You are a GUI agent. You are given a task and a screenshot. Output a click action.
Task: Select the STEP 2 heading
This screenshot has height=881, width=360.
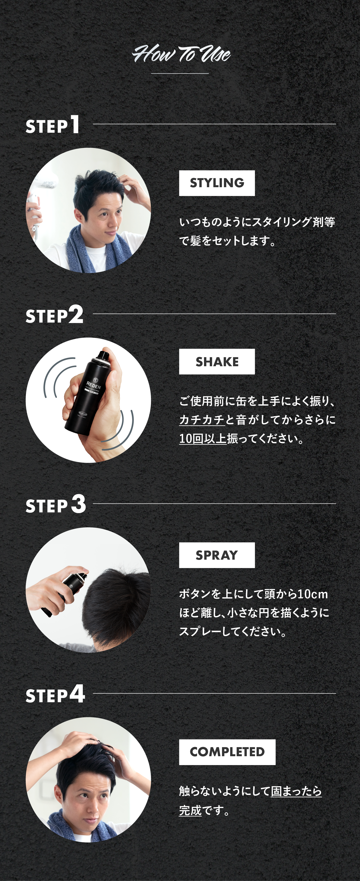click(x=54, y=315)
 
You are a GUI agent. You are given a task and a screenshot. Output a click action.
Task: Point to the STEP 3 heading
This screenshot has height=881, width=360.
click(x=56, y=505)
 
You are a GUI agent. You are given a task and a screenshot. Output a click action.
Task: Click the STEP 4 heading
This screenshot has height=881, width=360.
click(x=55, y=695)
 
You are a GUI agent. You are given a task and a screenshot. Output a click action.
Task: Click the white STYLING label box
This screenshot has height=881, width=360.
click(x=217, y=183)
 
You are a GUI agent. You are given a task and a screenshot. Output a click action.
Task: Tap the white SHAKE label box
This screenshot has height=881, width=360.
click(x=217, y=361)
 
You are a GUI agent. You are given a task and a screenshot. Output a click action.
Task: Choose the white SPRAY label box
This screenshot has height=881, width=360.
click(x=217, y=555)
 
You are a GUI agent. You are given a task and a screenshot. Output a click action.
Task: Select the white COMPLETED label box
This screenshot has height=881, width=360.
click(x=227, y=752)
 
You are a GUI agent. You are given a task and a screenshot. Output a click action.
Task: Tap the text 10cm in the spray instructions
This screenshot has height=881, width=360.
click(x=312, y=594)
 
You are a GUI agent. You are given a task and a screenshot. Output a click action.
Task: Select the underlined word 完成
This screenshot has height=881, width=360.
click(x=190, y=810)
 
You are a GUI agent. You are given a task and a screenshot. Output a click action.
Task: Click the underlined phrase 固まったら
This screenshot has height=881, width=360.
click(x=296, y=791)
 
